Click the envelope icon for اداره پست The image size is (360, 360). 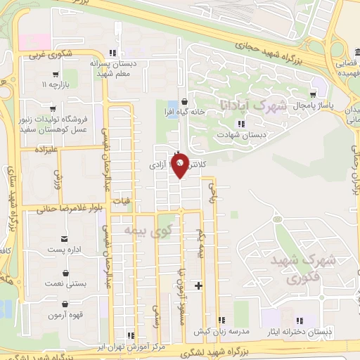point(65,239)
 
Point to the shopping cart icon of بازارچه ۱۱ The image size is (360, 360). point(55,74)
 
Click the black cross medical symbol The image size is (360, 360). point(198,285)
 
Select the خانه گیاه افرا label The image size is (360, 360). point(184,112)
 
